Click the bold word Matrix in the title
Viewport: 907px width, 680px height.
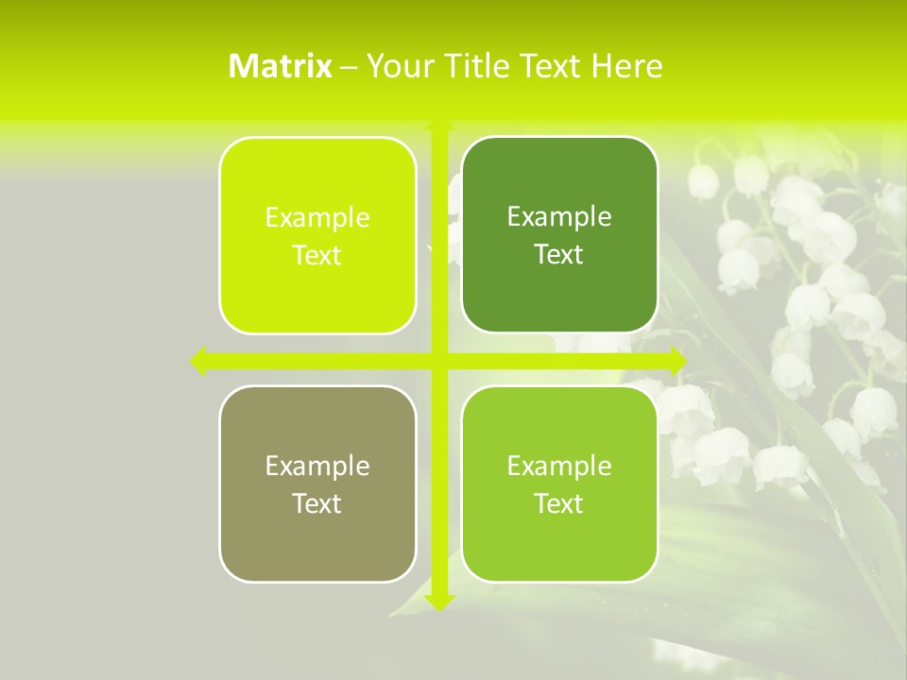pyautogui.click(x=281, y=66)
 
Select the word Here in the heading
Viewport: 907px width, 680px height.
pyautogui.click(x=626, y=66)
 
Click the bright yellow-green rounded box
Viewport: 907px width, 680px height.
pyautogui.click(x=317, y=235)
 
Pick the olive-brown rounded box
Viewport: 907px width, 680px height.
pyautogui.click(x=317, y=484)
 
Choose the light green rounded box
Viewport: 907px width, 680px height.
pyautogui.click(x=559, y=484)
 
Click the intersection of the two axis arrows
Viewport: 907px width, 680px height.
pyautogui.click(x=439, y=361)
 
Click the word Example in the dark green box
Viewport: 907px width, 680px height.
pyautogui.click(x=559, y=217)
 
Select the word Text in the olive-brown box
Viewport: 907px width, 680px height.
pyautogui.click(x=317, y=503)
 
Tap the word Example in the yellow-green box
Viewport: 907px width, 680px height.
pyautogui.click(x=317, y=218)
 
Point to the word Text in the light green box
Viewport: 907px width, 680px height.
pyautogui.click(x=558, y=503)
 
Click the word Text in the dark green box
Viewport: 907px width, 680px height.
pyautogui.click(x=558, y=254)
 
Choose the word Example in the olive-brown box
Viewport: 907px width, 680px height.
pyautogui.click(x=317, y=466)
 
